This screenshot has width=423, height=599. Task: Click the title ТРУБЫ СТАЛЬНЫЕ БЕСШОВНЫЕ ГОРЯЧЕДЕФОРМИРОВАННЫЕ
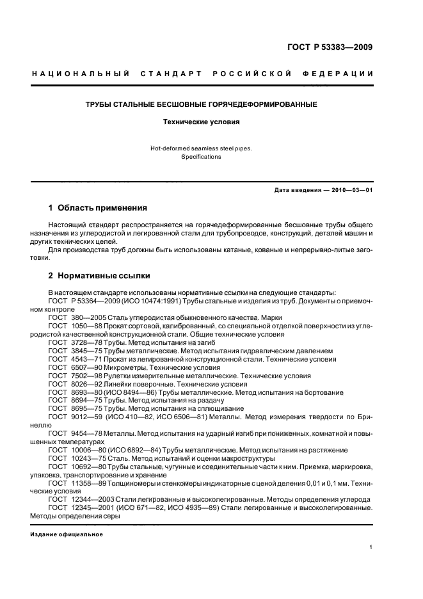coord(202,104)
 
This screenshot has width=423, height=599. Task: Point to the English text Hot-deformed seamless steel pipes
coord(202,148)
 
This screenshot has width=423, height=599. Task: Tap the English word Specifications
coord(202,157)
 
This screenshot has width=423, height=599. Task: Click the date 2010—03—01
coord(349,190)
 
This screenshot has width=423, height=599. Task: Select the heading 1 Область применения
coord(98,208)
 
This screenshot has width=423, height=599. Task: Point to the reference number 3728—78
coord(85,342)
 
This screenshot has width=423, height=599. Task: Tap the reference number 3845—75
coord(85,351)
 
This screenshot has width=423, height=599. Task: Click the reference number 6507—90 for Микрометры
coord(85,367)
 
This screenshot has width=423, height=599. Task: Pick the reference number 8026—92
coord(85,384)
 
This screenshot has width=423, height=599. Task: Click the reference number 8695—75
coord(85,408)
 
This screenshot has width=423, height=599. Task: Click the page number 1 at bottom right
coord(371,547)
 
